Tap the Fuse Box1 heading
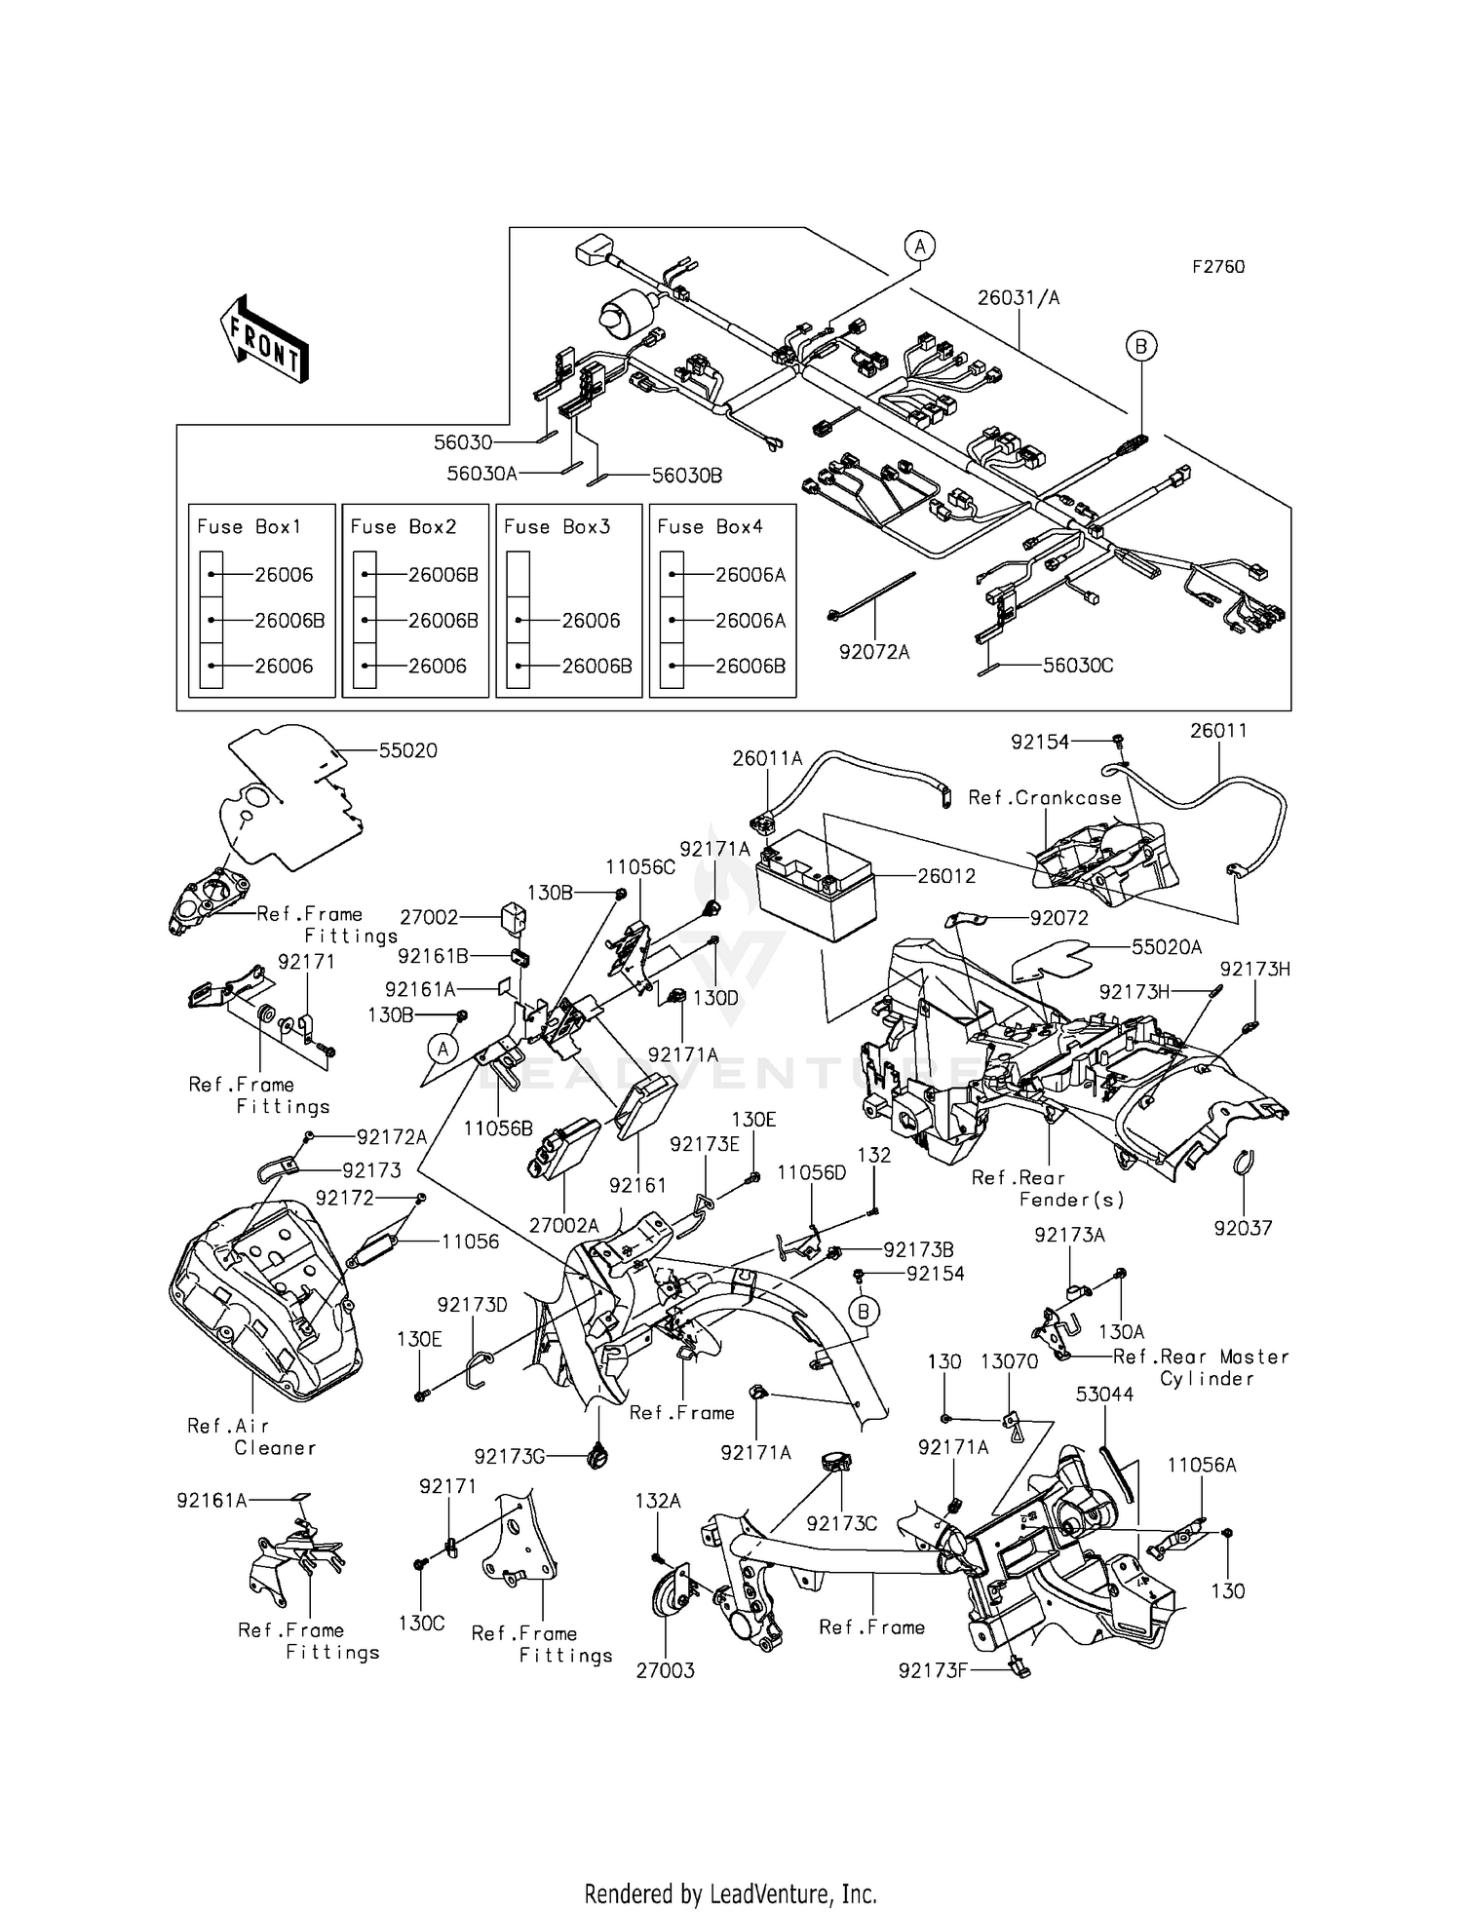250,527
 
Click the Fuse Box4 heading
710,527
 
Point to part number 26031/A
1019,298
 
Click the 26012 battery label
946,876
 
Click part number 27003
665,1671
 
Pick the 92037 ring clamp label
1243,1229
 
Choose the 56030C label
1078,666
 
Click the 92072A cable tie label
874,652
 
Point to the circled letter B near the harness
1140,345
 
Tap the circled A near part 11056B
442,1049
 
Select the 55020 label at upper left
407,750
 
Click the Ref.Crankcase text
1045,798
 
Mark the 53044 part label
1104,1395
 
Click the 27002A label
563,1225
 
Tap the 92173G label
509,1457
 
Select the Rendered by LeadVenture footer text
730,1893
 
